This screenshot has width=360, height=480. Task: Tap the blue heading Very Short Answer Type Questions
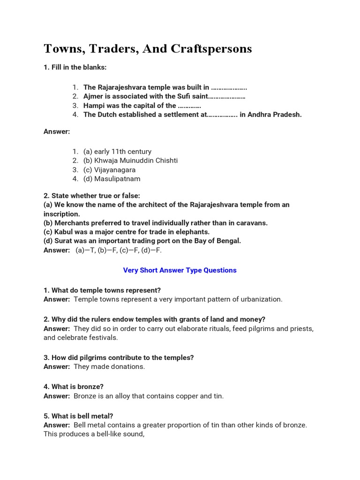click(x=180, y=270)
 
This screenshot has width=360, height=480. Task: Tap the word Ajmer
click(x=93, y=97)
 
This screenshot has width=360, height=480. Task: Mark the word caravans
click(x=252, y=223)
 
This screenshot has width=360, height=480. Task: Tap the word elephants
click(x=193, y=232)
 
